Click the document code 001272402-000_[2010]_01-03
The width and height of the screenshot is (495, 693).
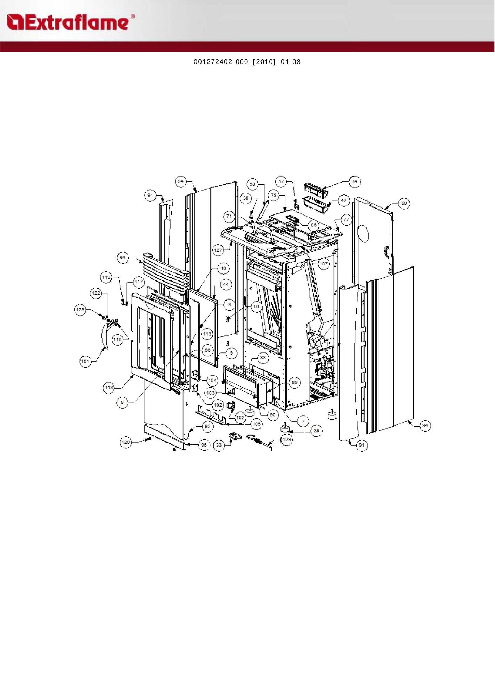[247, 62]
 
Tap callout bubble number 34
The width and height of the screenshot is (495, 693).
[354, 181]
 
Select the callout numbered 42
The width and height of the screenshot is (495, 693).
[344, 200]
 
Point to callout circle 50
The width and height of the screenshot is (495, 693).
[404, 203]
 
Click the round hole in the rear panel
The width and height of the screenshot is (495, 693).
[363, 233]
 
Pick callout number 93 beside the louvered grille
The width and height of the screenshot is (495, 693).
[122, 258]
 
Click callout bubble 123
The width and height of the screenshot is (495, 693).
[80, 310]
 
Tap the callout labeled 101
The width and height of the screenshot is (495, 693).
[85, 361]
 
